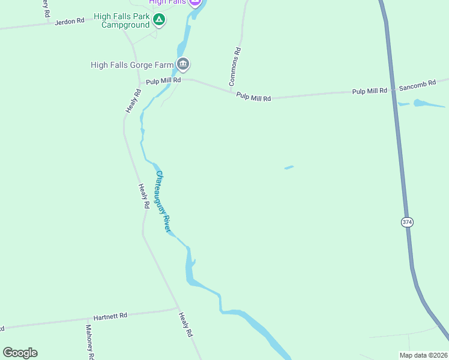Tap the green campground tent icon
tap(158, 20)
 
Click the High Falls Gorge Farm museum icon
tap(183, 64)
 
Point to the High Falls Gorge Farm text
tap(132, 65)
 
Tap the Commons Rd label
tap(235, 65)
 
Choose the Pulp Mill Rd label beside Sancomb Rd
tap(370, 91)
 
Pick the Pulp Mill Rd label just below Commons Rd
tap(253, 97)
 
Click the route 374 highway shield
tap(407, 222)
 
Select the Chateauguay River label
tap(164, 202)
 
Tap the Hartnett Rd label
tap(110, 316)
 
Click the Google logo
tap(20, 353)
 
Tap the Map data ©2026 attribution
tap(423, 355)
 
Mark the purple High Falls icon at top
tap(194, 2)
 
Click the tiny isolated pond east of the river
tap(289, 167)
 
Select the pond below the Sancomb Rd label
tap(429, 103)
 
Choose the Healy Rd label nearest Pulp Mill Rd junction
tap(133, 101)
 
